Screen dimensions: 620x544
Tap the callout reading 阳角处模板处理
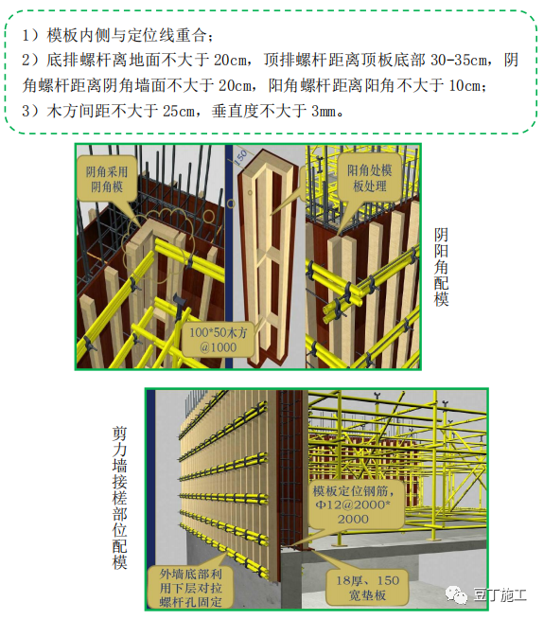pos(372,177)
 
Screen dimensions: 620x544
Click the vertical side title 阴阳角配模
pos(441,266)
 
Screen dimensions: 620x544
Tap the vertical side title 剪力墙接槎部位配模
pos(119,497)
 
